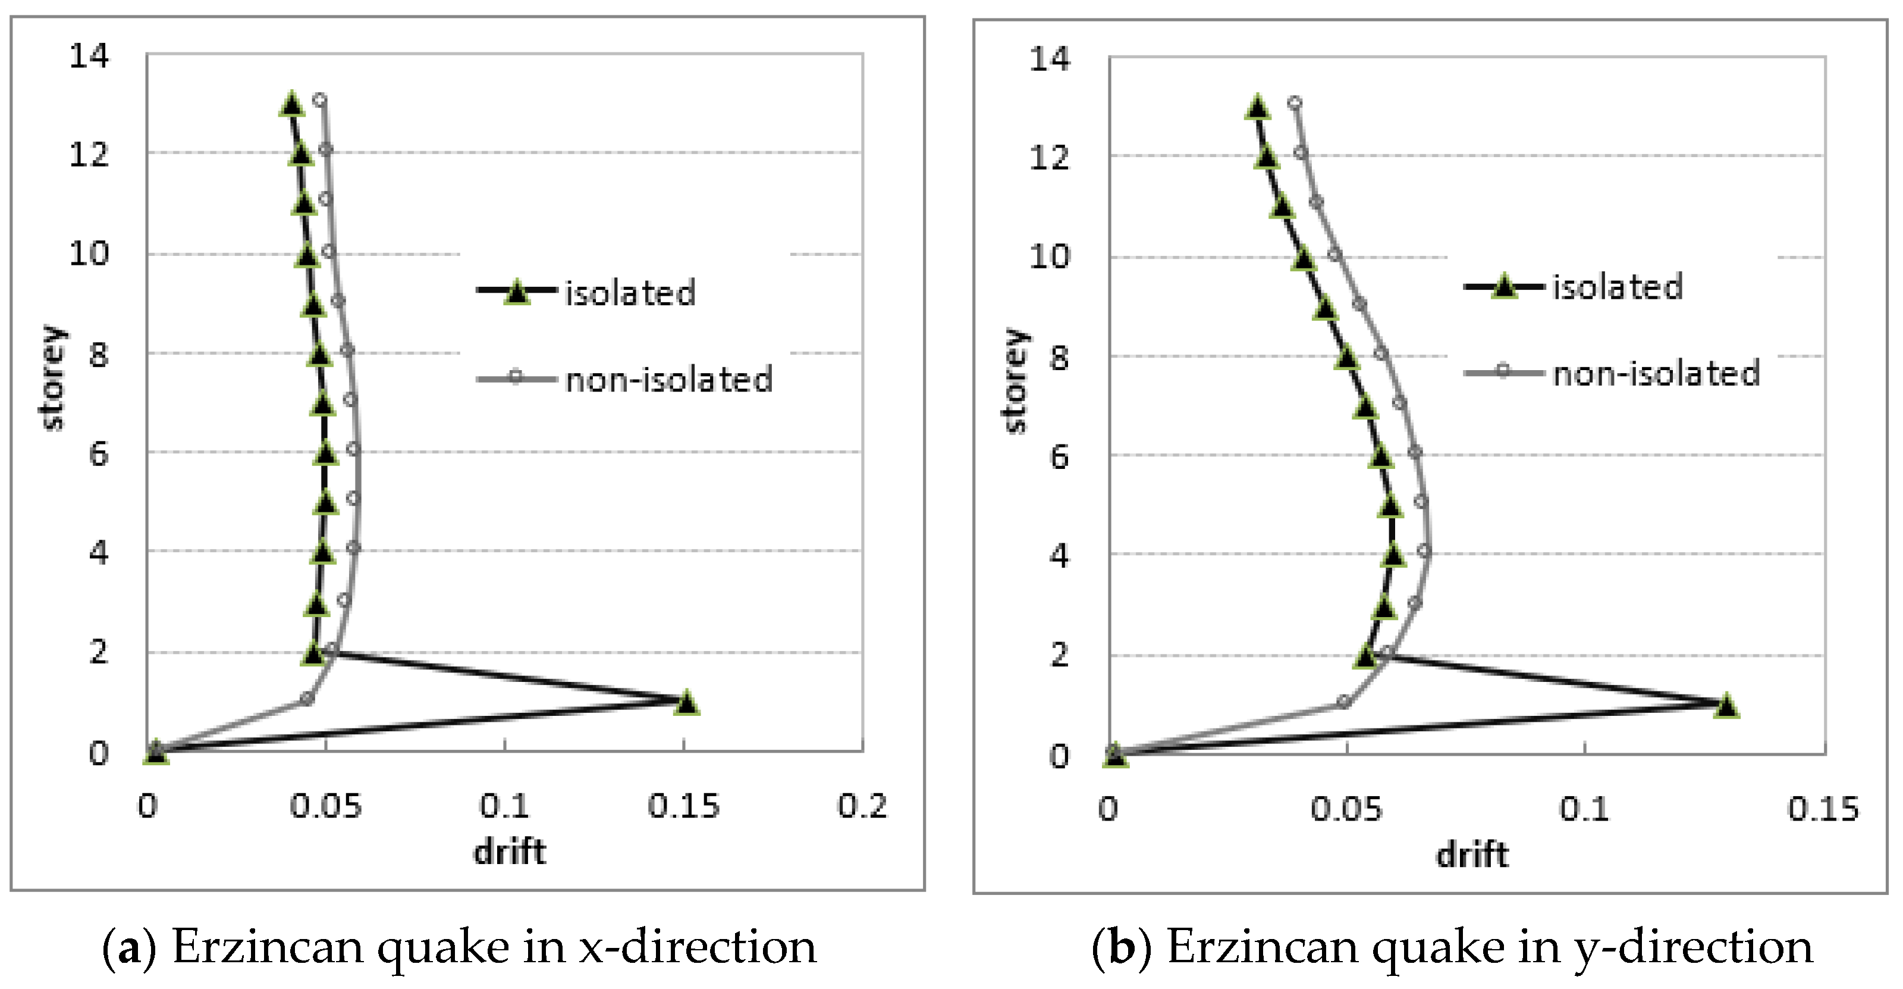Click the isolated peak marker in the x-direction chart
(687, 703)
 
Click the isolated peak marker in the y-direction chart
(1726, 706)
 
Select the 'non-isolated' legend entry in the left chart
(668, 379)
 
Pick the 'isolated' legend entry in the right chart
(1617, 287)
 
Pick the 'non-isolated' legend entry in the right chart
(1656, 373)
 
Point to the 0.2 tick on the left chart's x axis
(862, 806)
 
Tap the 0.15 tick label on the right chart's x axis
(1823, 809)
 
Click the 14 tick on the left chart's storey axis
(89, 55)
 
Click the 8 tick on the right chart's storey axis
(1059, 358)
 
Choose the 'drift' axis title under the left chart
(510, 852)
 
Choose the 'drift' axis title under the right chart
(1472, 855)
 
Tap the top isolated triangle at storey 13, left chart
(292, 104)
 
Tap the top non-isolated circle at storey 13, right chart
(1294, 103)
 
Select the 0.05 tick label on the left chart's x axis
(326, 806)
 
